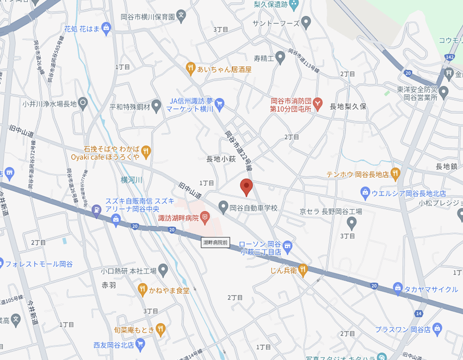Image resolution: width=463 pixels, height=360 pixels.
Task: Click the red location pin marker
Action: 246,187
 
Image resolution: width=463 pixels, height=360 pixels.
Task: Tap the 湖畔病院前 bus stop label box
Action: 216,243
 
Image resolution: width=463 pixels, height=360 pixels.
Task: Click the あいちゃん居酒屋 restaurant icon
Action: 190,69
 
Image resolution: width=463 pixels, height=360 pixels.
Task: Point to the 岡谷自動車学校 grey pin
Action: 223,206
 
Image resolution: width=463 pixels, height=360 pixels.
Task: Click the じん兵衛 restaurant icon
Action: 303,269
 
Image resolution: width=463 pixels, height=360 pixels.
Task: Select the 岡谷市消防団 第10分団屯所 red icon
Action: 318,103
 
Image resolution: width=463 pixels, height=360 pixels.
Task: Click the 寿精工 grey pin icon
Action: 280,58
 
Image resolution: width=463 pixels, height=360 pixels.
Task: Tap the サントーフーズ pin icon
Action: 306,22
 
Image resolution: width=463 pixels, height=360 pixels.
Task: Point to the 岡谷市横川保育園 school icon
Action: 181,15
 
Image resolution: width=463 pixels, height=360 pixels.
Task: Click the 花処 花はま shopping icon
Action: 106,29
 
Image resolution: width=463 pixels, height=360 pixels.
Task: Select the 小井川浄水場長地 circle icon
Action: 83,103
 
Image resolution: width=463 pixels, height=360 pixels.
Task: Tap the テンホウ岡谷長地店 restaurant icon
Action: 396,174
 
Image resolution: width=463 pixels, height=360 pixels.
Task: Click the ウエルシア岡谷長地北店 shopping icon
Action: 365,192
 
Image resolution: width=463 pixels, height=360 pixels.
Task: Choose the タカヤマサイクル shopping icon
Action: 398,288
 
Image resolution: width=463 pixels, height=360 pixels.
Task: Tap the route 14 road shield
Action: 418,314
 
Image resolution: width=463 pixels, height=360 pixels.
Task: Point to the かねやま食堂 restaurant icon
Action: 143,290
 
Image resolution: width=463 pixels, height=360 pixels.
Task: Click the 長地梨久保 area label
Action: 348,107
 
